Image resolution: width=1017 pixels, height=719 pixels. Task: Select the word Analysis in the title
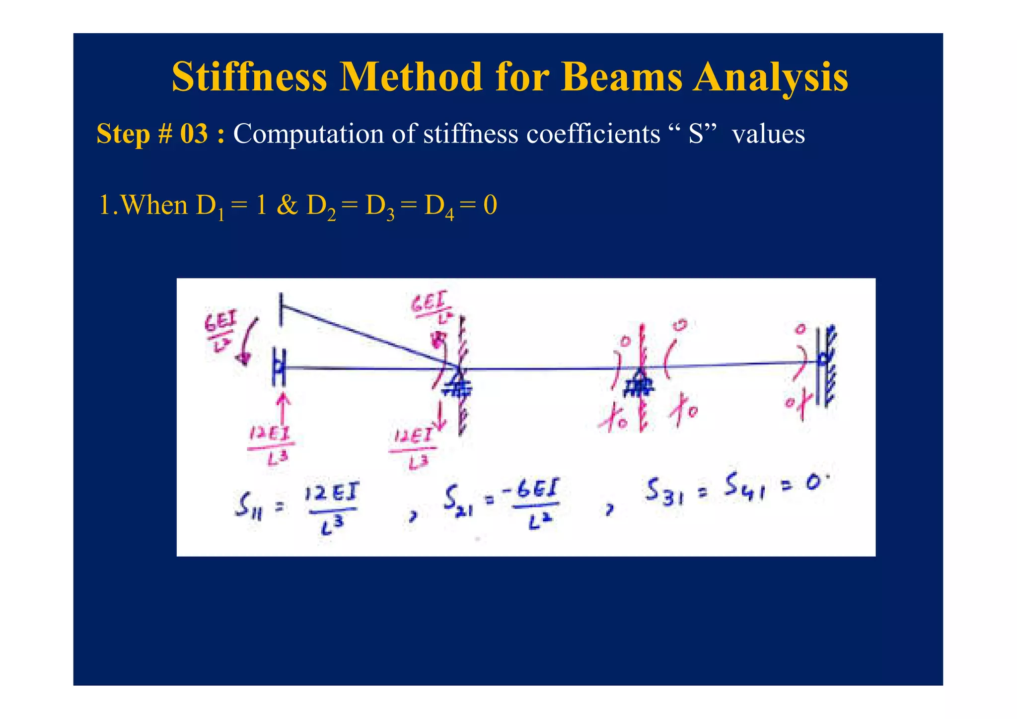(x=771, y=78)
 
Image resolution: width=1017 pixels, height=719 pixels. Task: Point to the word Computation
(x=308, y=134)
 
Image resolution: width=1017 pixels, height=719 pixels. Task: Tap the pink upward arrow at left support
(x=284, y=408)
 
